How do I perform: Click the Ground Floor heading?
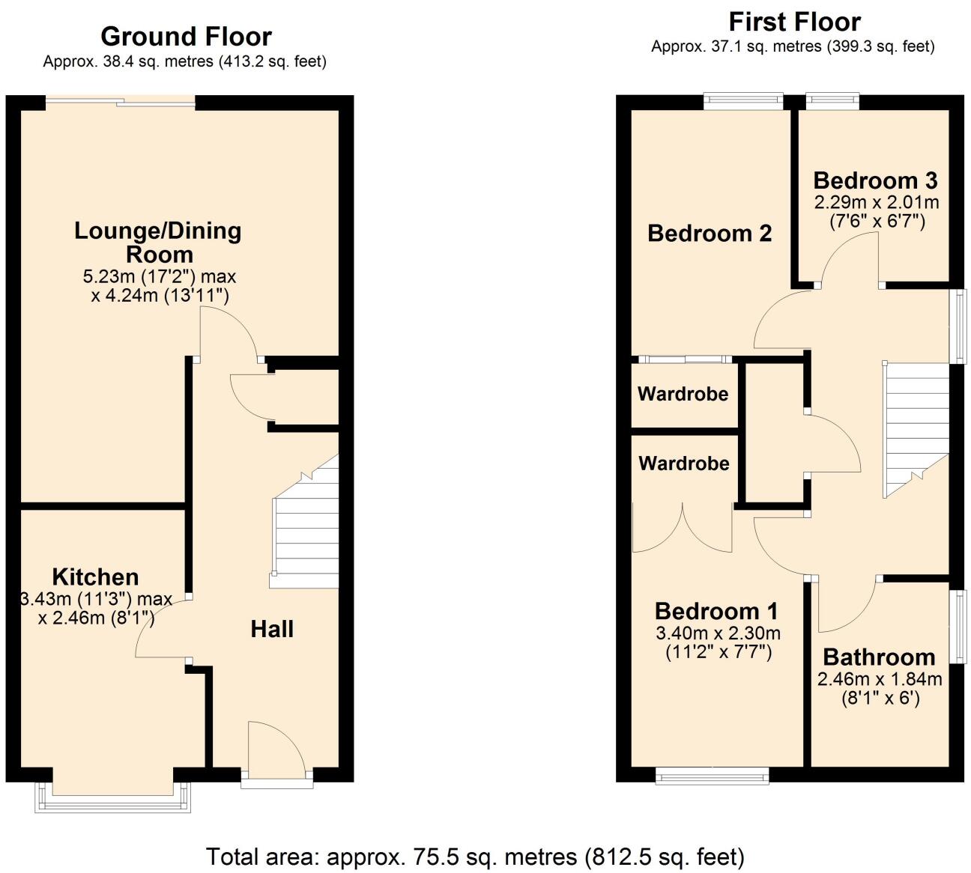point(186,37)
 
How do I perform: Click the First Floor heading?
point(794,22)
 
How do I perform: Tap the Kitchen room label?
point(95,577)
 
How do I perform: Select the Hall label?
point(272,629)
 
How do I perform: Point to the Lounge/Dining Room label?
point(158,242)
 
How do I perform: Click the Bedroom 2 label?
point(709,234)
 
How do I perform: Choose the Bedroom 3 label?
point(875,180)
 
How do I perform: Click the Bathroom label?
point(879,657)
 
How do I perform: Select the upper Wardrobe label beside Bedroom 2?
point(683,394)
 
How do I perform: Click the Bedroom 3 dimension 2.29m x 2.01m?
point(877,202)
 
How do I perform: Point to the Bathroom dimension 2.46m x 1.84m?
point(879,680)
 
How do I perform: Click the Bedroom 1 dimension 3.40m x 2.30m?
point(718,633)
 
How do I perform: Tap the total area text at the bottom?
point(475,856)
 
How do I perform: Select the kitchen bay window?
point(112,800)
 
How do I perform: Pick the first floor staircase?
point(916,427)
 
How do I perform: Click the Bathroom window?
point(958,626)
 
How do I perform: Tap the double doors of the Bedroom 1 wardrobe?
point(682,529)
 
